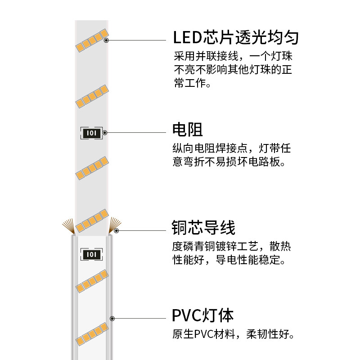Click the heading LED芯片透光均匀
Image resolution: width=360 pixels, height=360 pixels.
pos(236,37)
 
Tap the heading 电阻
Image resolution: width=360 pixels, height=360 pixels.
pos(188,130)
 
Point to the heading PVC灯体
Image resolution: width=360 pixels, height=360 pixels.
pos(203,315)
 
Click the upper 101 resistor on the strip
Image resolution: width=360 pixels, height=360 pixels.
pos(92,133)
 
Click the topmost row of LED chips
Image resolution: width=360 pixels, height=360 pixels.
pos(92,40)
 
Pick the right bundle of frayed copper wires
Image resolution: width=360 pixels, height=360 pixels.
pos(115,223)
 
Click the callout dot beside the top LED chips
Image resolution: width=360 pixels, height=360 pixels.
pos(106,40)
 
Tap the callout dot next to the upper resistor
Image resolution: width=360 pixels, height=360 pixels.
pos(104,133)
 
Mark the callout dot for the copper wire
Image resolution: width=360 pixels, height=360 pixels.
pos(116,231)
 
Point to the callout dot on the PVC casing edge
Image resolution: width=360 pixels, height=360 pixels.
pos(112,319)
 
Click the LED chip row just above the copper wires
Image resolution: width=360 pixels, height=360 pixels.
pos(92,219)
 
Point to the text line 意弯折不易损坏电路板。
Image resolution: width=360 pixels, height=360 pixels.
pos(229,162)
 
